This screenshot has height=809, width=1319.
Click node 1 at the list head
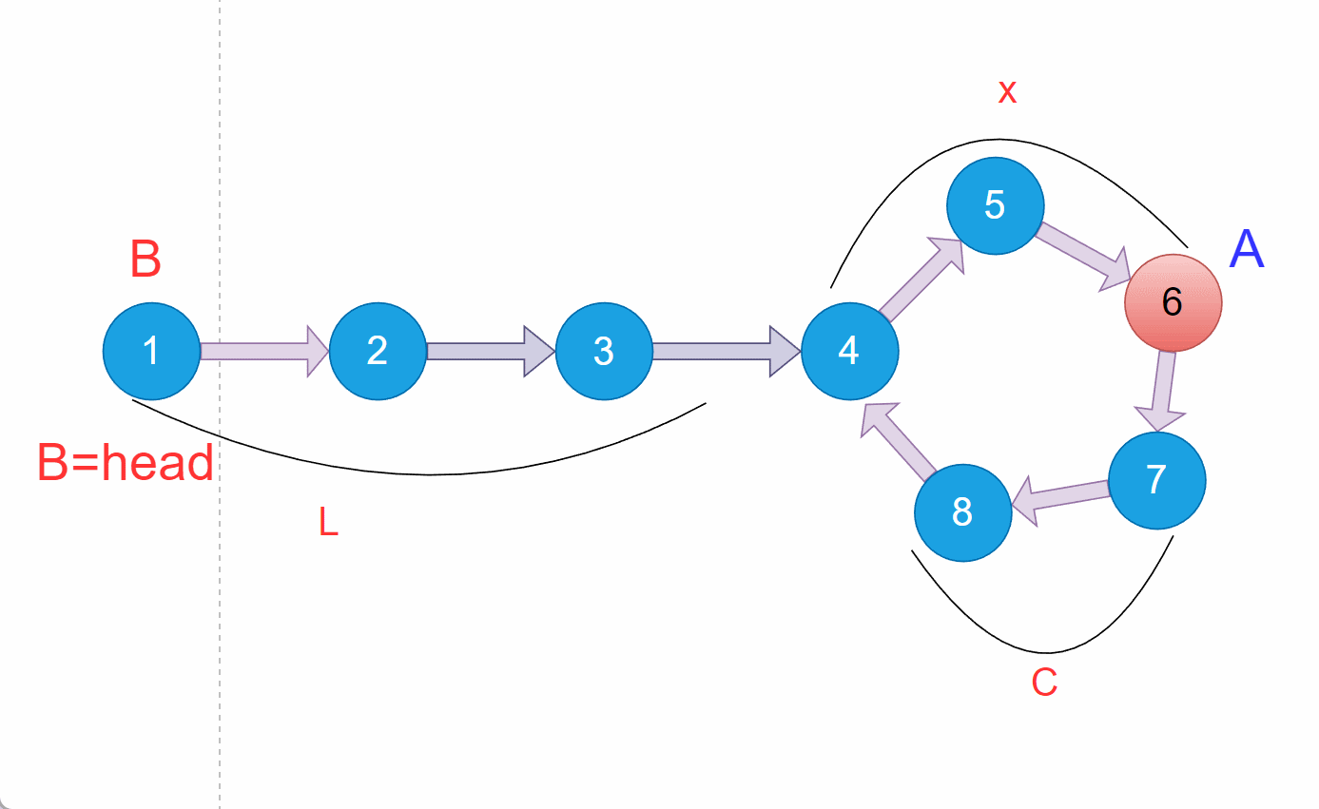[151, 351]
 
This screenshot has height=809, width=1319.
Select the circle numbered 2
[378, 351]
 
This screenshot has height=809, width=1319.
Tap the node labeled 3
[604, 351]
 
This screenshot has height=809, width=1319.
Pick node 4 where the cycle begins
[849, 351]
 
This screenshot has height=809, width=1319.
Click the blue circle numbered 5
[995, 205]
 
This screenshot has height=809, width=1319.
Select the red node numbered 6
[1173, 302]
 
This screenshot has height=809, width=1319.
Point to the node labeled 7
[1156, 480]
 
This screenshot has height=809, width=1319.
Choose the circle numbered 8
[962, 512]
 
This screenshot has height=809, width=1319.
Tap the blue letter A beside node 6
[1247, 249]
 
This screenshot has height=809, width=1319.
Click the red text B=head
[125, 463]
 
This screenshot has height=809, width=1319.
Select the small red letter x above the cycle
[1007, 92]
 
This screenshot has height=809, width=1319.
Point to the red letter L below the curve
[328, 522]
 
